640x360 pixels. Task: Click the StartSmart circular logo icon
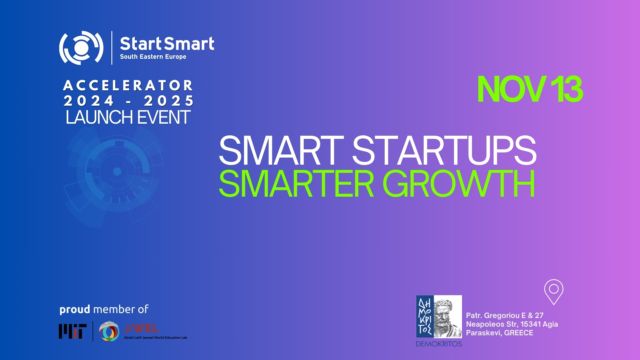point(81,48)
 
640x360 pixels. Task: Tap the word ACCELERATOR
point(128,86)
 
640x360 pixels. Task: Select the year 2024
point(89,101)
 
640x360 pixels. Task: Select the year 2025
point(169,101)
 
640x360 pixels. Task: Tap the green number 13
point(566,89)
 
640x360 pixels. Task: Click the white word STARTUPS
point(444,150)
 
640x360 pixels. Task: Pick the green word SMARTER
point(296,184)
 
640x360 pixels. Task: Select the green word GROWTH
point(459,184)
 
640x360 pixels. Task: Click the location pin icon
point(554,292)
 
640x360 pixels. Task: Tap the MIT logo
point(73,331)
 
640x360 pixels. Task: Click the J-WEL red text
point(141,329)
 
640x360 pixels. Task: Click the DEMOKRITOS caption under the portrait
point(439,344)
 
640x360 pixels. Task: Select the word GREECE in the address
point(519,333)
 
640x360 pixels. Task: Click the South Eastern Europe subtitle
point(153,57)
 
